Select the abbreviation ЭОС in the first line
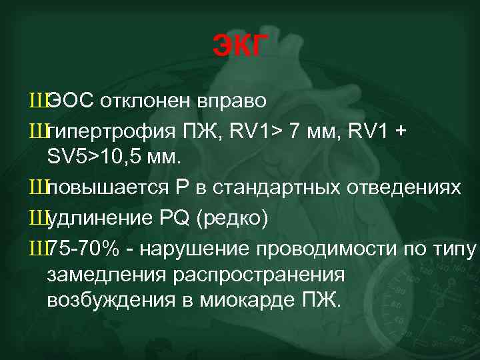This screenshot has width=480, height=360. pyautogui.click(x=71, y=101)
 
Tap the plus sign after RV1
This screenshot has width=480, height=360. pyautogui.click(x=400, y=131)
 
